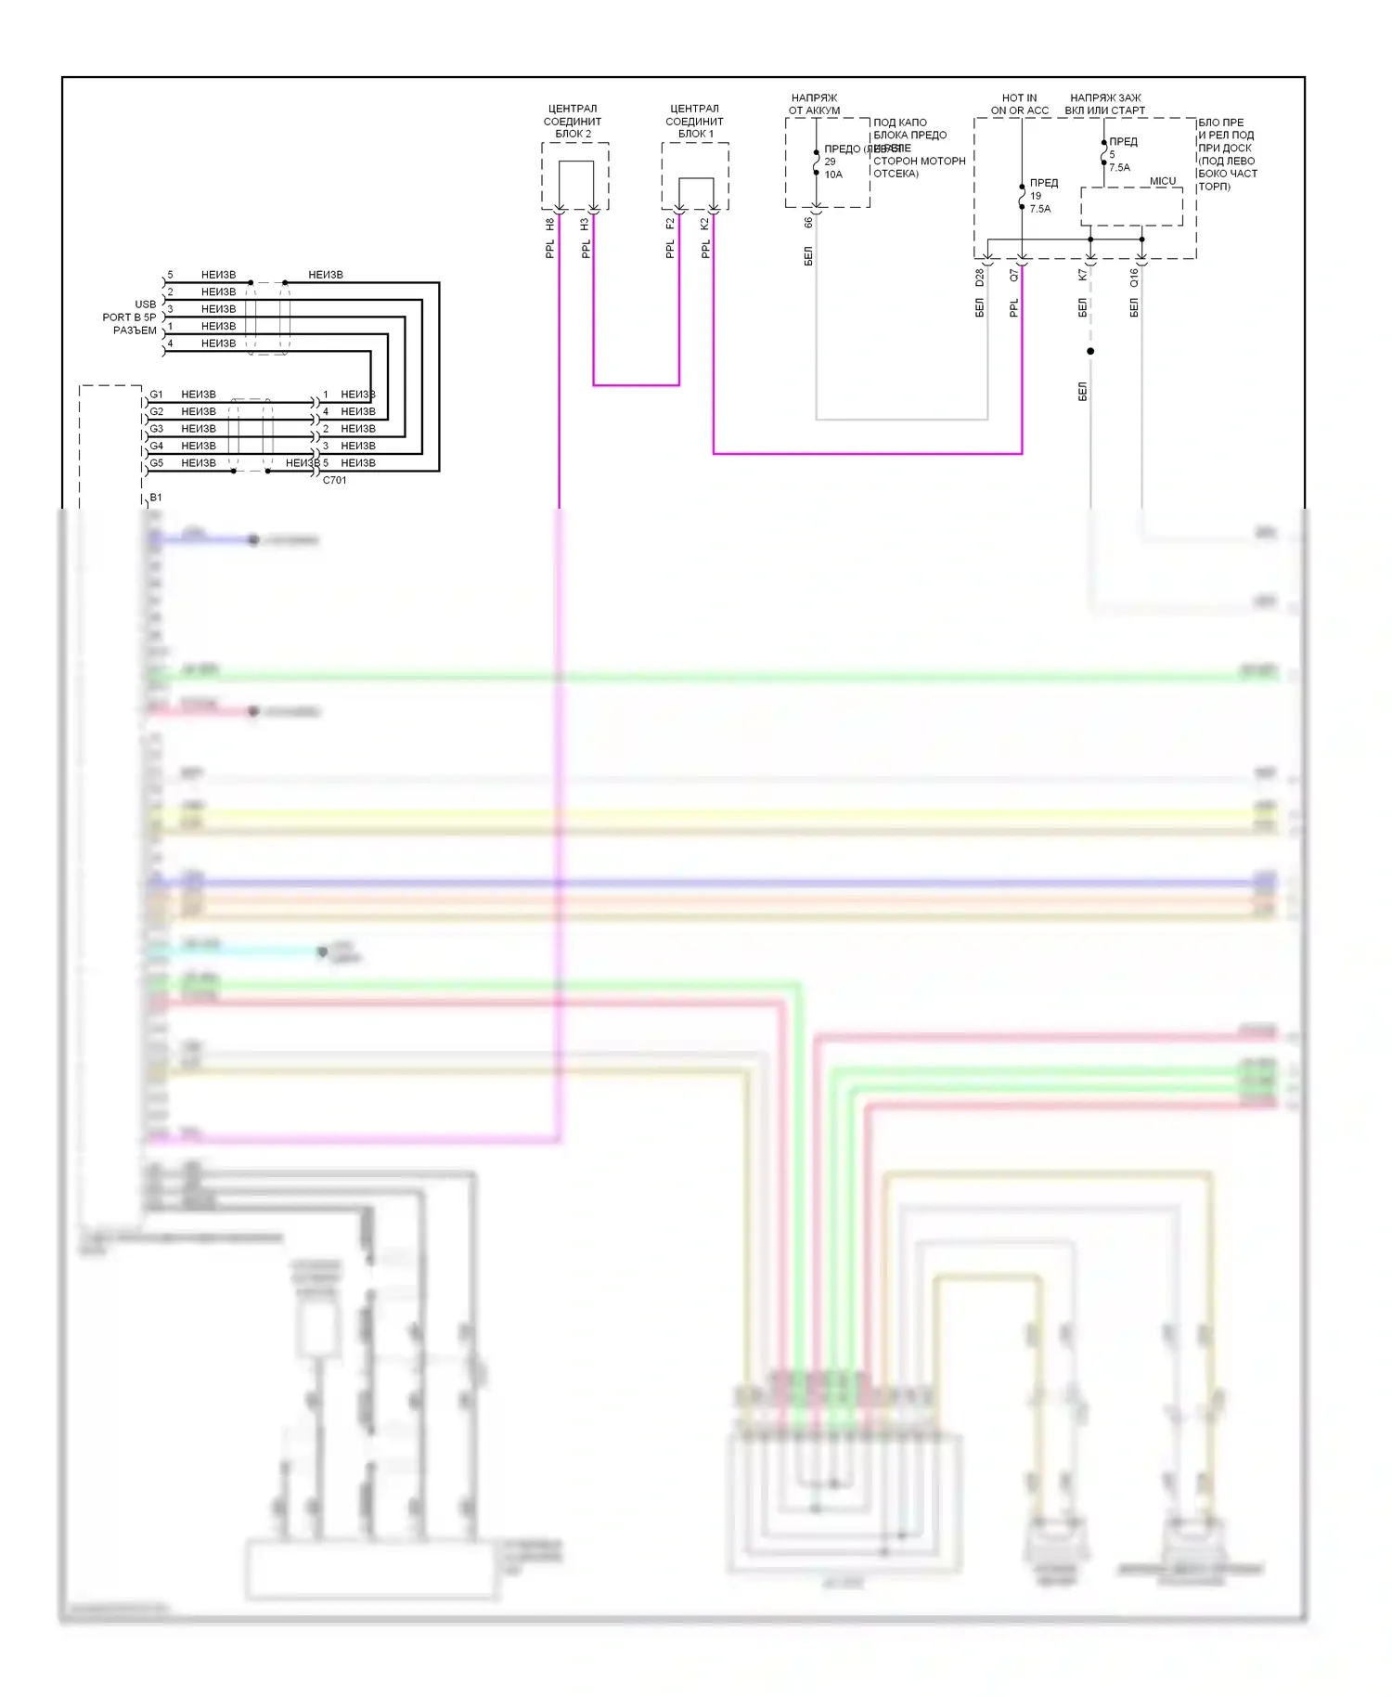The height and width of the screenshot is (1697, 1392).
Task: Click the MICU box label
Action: [1162, 181]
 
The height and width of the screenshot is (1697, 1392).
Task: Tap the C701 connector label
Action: [334, 480]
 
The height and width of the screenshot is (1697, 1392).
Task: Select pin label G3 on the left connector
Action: [157, 429]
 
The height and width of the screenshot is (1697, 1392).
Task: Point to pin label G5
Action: [157, 463]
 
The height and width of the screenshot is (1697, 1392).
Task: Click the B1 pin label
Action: [156, 498]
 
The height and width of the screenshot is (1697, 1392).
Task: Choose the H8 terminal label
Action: [550, 225]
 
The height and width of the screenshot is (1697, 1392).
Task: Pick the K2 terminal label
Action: [705, 225]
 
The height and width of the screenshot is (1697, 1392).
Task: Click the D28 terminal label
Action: [980, 277]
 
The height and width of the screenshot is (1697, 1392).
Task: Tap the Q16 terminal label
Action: [1134, 277]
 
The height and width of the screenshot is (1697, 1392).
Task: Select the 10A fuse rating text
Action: [833, 175]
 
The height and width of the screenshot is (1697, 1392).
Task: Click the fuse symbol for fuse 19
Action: [1022, 197]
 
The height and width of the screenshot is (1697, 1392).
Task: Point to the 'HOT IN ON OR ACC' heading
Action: [1019, 104]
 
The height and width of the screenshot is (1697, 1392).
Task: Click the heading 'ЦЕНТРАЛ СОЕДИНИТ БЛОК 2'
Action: [573, 121]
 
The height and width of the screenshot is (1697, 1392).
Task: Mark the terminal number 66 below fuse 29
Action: [809, 223]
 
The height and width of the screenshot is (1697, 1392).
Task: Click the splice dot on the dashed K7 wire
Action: [1090, 351]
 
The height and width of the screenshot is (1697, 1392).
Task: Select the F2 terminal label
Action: [671, 225]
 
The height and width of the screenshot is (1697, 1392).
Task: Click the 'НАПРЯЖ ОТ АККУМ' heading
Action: [814, 104]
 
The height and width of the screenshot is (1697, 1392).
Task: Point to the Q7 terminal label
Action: [1014, 276]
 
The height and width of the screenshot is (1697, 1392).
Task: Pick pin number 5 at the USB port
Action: [170, 275]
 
